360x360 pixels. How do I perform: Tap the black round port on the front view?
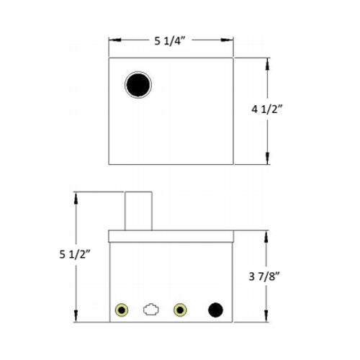tap(215, 310)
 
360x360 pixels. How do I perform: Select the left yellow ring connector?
tap(122, 310)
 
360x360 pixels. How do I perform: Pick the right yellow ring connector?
tap(180, 310)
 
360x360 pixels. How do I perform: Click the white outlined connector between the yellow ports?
tap(150, 310)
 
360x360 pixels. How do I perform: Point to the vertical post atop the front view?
tap(138, 210)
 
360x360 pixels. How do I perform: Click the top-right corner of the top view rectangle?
tap(233, 57)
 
